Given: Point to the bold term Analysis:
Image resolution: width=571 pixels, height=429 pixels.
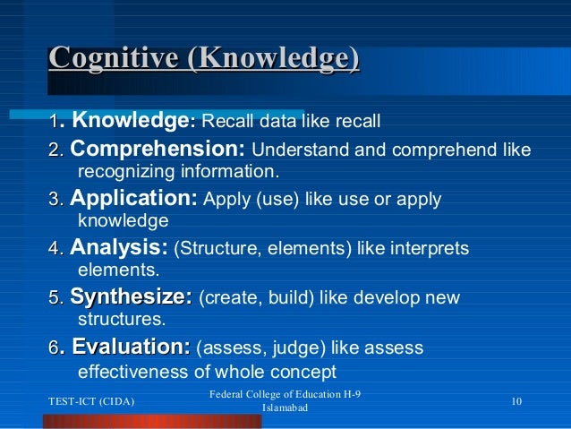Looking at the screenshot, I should point(118,246).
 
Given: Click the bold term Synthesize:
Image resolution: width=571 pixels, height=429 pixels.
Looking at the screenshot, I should point(131,296).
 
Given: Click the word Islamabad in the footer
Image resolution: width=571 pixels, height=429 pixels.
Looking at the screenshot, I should point(285,408).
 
